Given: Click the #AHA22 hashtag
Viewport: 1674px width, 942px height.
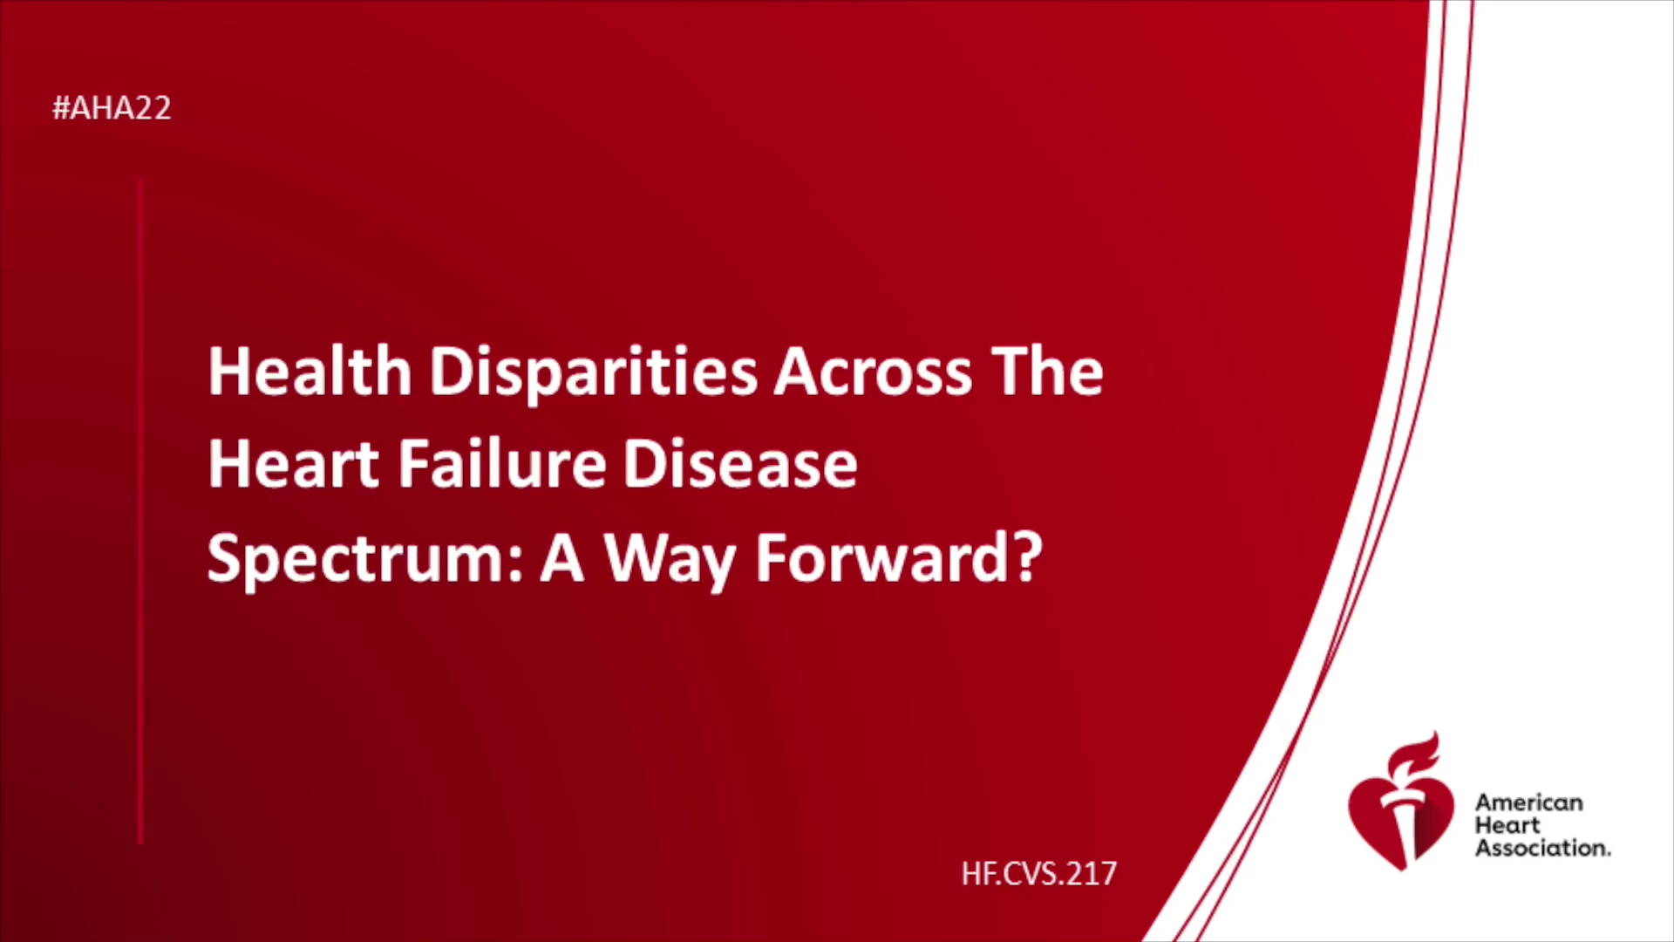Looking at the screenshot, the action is pyautogui.click(x=112, y=108).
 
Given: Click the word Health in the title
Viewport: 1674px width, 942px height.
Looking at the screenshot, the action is pyautogui.click(x=310, y=372).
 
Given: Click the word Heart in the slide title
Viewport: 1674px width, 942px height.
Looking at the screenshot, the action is pyautogui.click(x=294, y=464).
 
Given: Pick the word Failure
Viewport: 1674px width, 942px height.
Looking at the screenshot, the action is pyautogui.click(x=502, y=463).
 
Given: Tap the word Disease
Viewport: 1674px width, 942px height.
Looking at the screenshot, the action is pyautogui.click(x=740, y=463).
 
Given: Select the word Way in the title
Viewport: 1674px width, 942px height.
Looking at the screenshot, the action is pyautogui.click(x=670, y=561).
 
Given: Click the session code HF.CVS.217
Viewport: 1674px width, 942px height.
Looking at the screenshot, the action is pyautogui.click(x=1039, y=873).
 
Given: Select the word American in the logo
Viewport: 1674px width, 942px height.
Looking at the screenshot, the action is pyautogui.click(x=1529, y=802).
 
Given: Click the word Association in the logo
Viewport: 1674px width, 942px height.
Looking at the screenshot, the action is pyautogui.click(x=1542, y=848).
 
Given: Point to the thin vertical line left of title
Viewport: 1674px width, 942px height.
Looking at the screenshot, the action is pyautogui.click(x=140, y=512).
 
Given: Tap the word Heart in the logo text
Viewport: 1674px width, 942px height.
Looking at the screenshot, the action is pyautogui.click(x=1507, y=825).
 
